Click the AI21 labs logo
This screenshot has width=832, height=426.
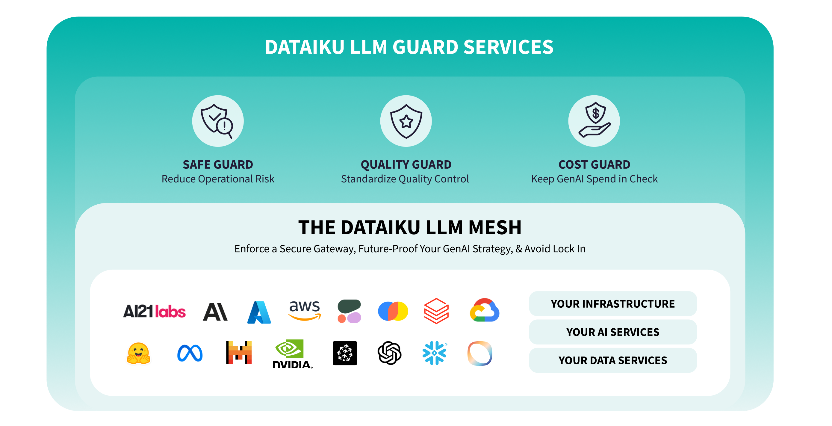(x=154, y=312)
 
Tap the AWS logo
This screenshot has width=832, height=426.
(x=305, y=310)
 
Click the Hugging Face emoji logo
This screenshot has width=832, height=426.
(x=138, y=353)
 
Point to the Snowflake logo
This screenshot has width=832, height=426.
(x=434, y=353)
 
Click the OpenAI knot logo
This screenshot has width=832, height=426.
(x=390, y=353)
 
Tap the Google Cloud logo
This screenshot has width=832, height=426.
(x=485, y=310)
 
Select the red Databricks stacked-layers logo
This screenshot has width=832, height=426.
(x=436, y=311)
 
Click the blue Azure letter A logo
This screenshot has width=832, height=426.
(x=259, y=312)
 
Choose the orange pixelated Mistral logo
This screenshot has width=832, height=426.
(x=239, y=353)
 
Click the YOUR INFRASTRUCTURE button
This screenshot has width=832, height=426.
(x=612, y=304)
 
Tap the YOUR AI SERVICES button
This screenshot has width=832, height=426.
(x=612, y=332)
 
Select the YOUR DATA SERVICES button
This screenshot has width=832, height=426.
(x=612, y=360)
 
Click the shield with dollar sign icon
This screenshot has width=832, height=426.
(x=594, y=121)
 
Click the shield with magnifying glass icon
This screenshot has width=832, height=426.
(x=218, y=121)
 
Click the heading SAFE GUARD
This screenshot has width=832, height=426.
(x=218, y=165)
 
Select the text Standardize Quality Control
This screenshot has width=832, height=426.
(x=405, y=179)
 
